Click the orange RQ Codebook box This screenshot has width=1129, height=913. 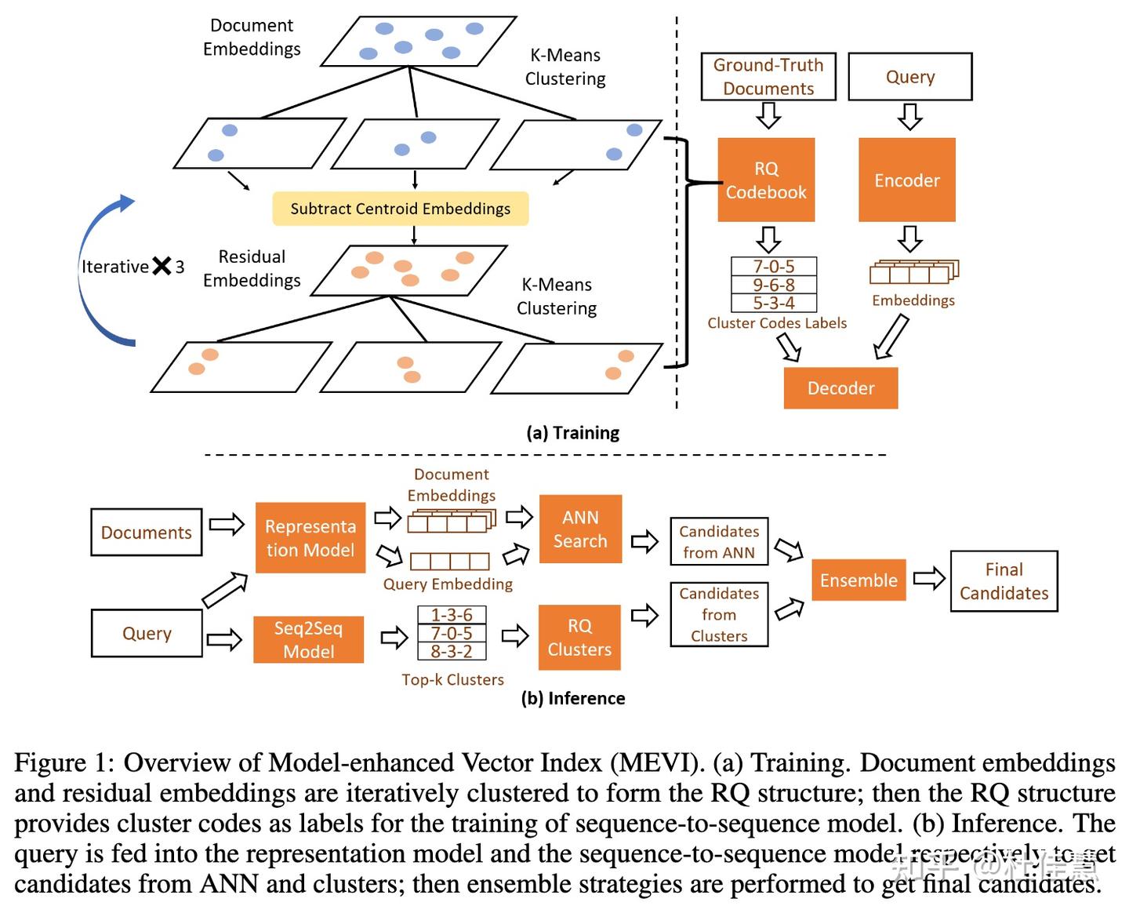click(766, 180)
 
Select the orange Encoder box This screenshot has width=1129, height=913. click(907, 180)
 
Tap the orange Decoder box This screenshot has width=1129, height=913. click(840, 388)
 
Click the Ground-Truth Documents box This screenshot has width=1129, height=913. click(768, 77)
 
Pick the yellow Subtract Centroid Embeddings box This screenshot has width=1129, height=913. click(401, 209)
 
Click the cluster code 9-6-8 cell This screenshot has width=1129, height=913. click(774, 285)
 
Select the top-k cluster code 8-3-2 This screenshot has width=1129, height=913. click(452, 651)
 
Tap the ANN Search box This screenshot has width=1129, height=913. click(580, 529)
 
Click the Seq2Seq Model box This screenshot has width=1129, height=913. click(309, 640)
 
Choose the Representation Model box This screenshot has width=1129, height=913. click(310, 538)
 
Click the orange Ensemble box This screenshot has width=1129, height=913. click(859, 580)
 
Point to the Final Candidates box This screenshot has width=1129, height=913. click(1004, 581)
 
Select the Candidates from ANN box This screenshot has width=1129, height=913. click(719, 542)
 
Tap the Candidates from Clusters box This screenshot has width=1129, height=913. click(719, 615)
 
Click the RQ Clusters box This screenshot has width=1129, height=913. click(579, 638)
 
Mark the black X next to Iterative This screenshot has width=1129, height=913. click(162, 267)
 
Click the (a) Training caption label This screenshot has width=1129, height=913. click(573, 433)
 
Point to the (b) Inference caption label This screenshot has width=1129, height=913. click(573, 698)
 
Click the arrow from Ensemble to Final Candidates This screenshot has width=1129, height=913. click(929, 580)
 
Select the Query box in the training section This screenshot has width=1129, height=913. click(910, 77)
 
